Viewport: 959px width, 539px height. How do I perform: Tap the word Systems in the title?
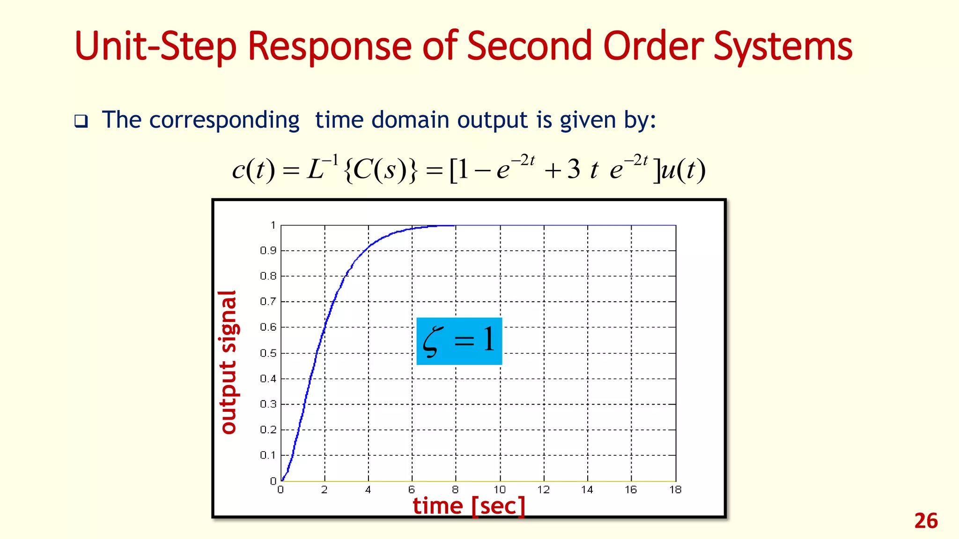(x=782, y=47)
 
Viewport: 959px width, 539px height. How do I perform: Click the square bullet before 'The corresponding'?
(x=81, y=122)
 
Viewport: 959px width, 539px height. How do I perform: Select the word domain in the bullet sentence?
(x=410, y=120)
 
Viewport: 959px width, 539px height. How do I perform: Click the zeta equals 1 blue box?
(x=459, y=341)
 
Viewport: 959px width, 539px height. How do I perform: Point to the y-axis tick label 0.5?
(x=268, y=353)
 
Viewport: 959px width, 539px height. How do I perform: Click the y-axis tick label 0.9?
(x=268, y=251)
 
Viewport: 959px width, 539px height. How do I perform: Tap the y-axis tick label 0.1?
(x=268, y=455)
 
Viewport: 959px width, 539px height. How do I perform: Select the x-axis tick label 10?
(x=500, y=490)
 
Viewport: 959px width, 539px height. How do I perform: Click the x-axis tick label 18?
(x=675, y=490)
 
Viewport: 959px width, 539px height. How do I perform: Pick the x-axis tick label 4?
(x=368, y=490)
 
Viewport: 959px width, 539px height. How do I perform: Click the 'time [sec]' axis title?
(x=469, y=506)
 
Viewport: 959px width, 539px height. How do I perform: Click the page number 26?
(x=926, y=521)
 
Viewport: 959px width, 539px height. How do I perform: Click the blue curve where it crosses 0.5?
(x=317, y=353)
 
